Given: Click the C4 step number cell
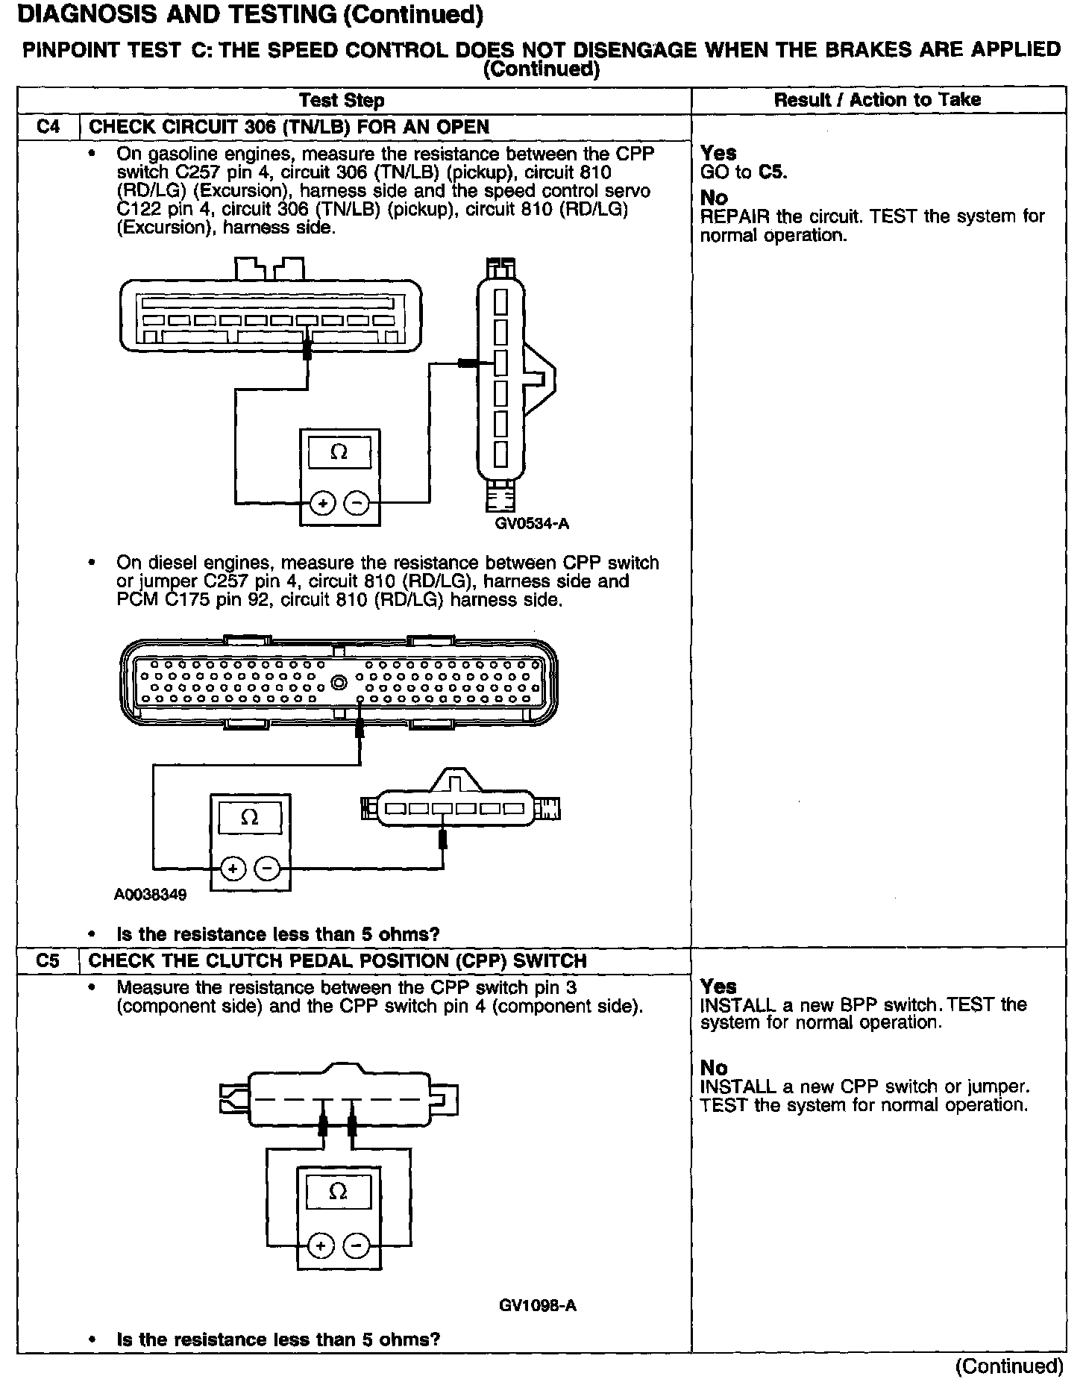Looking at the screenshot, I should click(x=48, y=126).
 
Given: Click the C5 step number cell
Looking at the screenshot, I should click(x=48, y=960).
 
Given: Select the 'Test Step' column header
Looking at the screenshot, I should click(x=342, y=100).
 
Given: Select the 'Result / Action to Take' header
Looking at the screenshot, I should click(x=877, y=100).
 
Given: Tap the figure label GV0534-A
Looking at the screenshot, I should click(x=532, y=523).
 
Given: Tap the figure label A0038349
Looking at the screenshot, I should click(x=150, y=894).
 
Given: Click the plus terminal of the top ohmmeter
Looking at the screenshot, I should click(x=322, y=504).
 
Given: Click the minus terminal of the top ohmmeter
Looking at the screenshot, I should click(x=357, y=504).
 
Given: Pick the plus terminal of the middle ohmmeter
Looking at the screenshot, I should click(x=233, y=869).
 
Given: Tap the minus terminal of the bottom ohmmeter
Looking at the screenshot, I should click(x=356, y=1246).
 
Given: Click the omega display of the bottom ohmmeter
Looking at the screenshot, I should click(x=338, y=1192).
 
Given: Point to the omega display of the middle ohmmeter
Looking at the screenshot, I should click(x=250, y=818).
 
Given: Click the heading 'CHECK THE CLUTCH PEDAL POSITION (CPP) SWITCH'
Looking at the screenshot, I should click(x=337, y=960).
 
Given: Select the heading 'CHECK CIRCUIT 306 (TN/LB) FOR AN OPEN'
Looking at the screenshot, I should click(x=289, y=126).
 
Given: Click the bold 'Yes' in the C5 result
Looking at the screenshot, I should click(x=718, y=986).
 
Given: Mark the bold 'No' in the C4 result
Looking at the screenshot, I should click(x=714, y=198).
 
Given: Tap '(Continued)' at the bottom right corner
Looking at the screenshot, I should click(x=1008, y=1366).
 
